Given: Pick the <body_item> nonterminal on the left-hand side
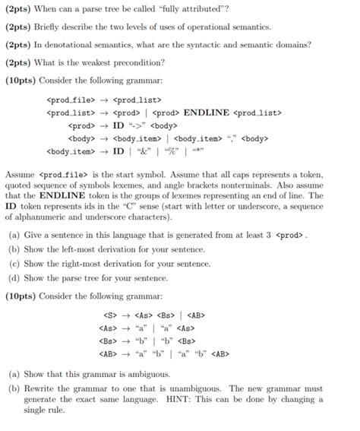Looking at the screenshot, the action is [71, 151].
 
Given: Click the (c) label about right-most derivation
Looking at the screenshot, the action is [12, 264].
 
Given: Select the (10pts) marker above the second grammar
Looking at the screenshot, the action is [21, 295].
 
